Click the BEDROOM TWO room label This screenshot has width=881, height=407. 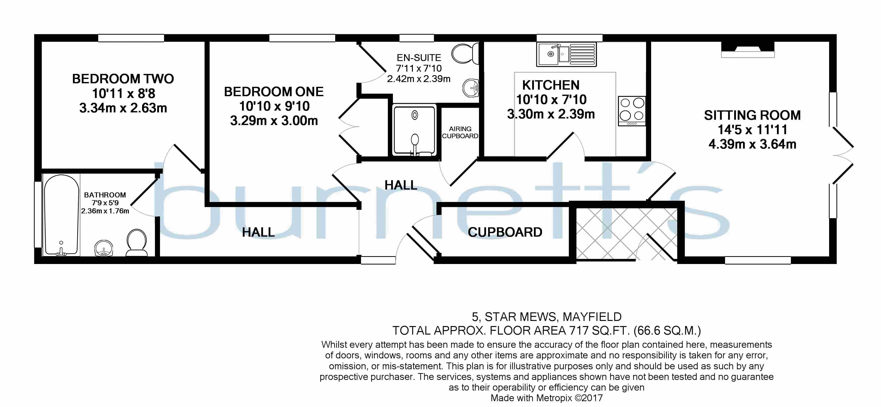[123, 79]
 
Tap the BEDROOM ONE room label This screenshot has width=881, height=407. [274, 92]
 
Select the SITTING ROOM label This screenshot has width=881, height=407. [752, 115]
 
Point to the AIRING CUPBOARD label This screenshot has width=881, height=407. [460, 132]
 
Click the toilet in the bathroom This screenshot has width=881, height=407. [137, 243]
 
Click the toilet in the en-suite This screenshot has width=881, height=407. [465, 53]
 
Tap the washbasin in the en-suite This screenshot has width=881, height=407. [471, 88]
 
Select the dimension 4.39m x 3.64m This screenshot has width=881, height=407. [752, 144]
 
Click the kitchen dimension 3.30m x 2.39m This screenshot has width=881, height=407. [551, 114]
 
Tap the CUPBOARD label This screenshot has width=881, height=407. [505, 232]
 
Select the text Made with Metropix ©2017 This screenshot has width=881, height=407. [547, 398]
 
